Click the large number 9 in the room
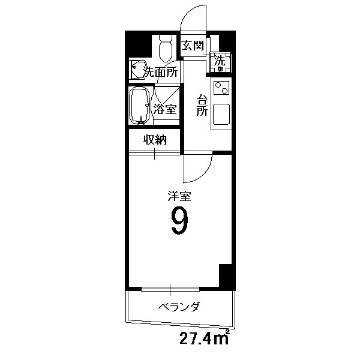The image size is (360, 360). click(179, 221)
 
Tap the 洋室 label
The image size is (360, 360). click(179, 195)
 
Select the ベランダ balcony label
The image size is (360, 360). click(179, 307)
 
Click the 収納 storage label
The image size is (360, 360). click(154, 140)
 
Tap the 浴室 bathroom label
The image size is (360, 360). click(165, 109)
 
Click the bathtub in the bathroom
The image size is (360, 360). click(140, 106)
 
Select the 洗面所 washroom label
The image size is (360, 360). click(160, 73)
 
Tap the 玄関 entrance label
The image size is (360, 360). click(194, 46)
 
